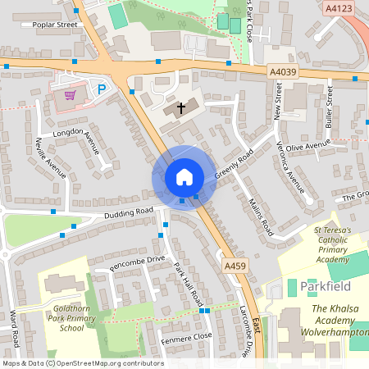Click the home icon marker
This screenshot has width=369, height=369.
coord(184,177)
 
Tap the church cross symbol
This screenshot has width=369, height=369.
coord(180,108)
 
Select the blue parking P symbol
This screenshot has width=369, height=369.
coord(102,90)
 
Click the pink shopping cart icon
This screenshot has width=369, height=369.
coord(71,94)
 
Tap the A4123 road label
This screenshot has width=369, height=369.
coord(338,8)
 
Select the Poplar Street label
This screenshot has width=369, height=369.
coord(54,25)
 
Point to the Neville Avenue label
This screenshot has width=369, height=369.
coord(51,157)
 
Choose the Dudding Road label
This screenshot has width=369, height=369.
coord(129,212)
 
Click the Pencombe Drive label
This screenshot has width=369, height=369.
coord(137,260)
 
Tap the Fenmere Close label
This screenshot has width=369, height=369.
coord(186,336)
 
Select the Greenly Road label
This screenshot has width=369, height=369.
coord(235,164)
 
